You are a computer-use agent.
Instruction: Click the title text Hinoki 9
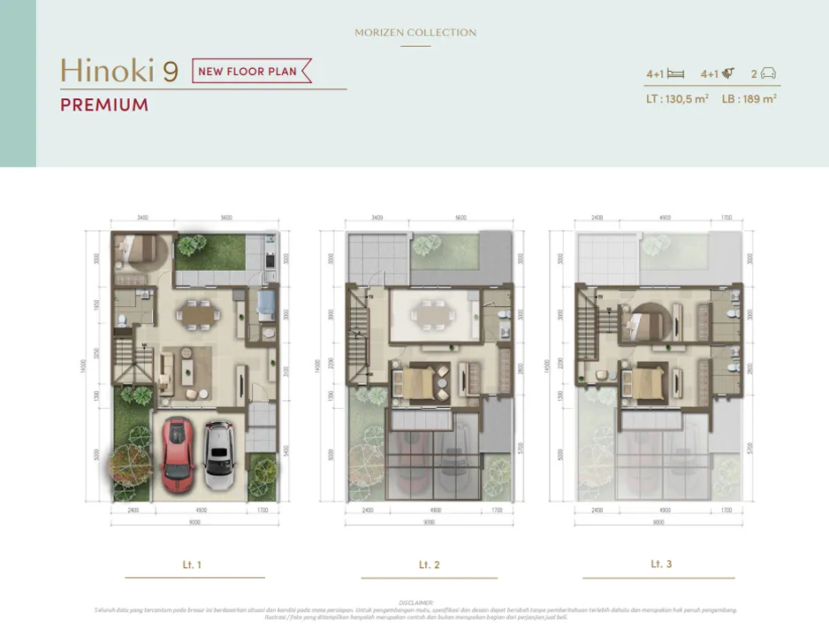119,71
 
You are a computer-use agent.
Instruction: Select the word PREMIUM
104,105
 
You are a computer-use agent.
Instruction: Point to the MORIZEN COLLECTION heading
415,33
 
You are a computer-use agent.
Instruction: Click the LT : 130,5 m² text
677,100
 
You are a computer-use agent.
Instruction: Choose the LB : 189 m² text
749,100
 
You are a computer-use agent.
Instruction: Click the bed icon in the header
677,74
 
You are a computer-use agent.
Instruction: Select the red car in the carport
178,454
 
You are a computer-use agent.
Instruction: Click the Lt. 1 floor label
192,565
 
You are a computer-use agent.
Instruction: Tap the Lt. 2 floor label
430,565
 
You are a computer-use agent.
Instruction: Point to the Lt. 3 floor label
661,564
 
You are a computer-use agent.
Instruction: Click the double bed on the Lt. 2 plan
422,382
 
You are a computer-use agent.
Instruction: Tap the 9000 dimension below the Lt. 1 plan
194,523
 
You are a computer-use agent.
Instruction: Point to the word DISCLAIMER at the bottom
415,602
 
